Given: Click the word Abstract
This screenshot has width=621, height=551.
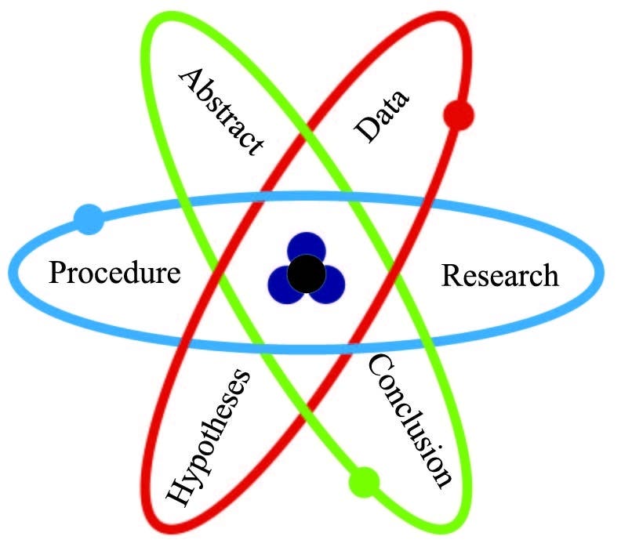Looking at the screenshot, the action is [x=221, y=112].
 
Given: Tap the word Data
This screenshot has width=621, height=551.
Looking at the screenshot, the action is [x=381, y=115].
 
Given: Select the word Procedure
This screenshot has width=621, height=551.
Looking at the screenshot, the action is [x=114, y=274].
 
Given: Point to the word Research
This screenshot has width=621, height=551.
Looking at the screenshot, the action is [x=499, y=276].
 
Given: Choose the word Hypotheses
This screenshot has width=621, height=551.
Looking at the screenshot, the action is [x=208, y=438].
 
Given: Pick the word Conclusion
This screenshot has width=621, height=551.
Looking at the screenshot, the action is [x=410, y=421].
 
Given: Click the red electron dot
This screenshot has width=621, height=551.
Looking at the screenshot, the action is [x=458, y=114].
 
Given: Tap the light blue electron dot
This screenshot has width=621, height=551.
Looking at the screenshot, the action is [x=89, y=219].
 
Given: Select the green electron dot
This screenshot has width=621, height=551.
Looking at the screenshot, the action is [x=365, y=482].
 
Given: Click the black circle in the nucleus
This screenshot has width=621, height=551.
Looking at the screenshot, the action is [x=307, y=274].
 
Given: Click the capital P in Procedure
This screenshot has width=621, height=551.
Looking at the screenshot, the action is [x=57, y=272].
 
